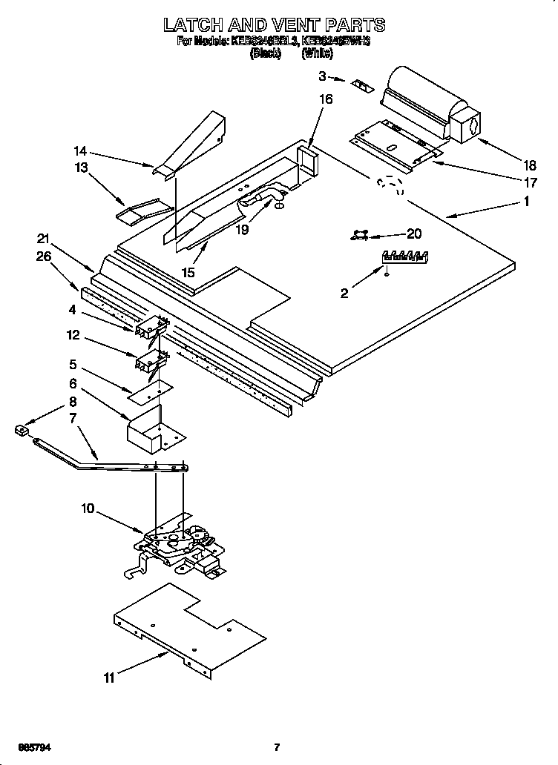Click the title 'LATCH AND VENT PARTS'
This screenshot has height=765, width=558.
click(x=274, y=25)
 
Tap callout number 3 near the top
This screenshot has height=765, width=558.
click(x=323, y=75)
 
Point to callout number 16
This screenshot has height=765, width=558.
click(x=326, y=99)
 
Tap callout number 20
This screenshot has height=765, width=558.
click(x=414, y=234)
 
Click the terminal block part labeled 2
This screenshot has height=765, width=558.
click(x=404, y=257)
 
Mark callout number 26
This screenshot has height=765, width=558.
click(x=43, y=258)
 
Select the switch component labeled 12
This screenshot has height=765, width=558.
click(x=151, y=361)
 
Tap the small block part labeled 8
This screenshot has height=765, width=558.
click(x=21, y=428)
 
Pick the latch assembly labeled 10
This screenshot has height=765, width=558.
click(x=178, y=547)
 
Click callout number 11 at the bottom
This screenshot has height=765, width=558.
click(x=109, y=677)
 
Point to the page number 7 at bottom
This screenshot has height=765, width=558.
click(x=276, y=746)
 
